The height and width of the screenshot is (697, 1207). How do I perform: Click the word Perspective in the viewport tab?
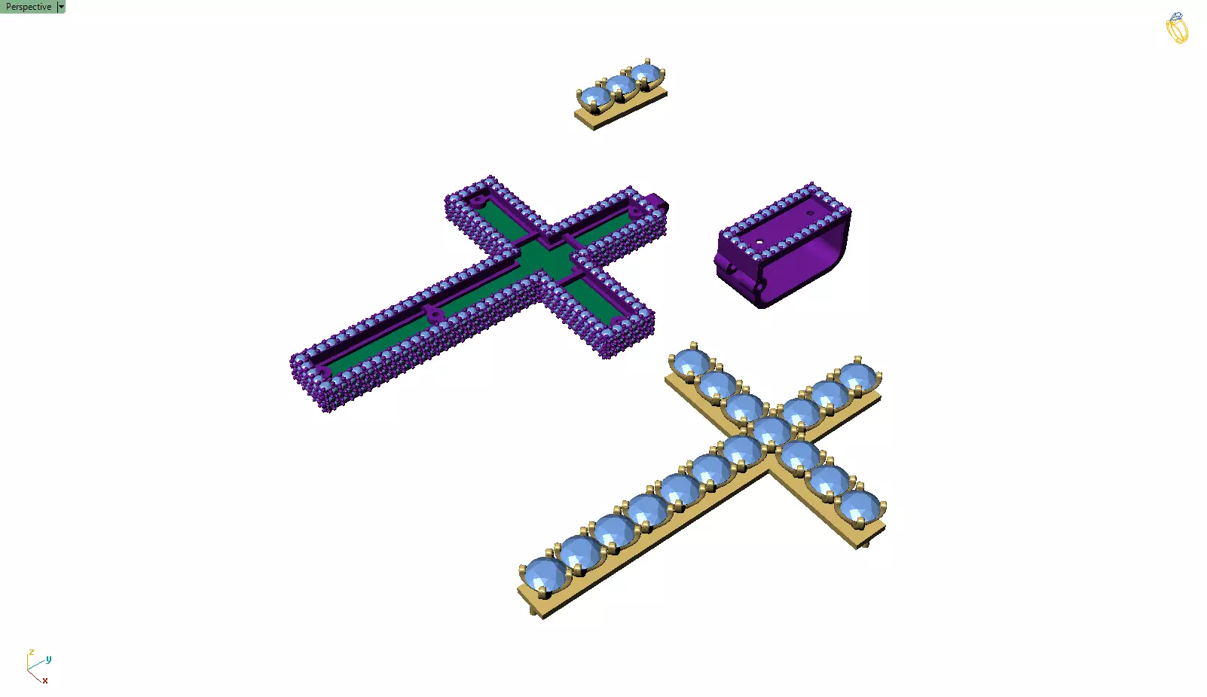pyautogui.click(x=29, y=7)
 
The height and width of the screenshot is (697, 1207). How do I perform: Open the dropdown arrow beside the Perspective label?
pyautogui.click(x=61, y=7)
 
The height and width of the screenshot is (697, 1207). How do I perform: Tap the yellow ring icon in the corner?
pyautogui.click(x=1177, y=29)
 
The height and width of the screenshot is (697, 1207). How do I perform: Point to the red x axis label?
pyautogui.click(x=45, y=680)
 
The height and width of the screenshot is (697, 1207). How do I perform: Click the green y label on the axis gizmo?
pyautogui.click(x=48, y=659)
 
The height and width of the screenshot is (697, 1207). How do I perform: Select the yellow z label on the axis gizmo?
pyautogui.click(x=31, y=653)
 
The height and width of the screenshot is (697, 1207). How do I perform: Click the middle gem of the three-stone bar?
pyautogui.click(x=621, y=86)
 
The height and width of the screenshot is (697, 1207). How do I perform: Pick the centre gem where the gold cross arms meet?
pyautogui.click(x=770, y=432)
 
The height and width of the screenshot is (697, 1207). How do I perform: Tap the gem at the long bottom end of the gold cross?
pyautogui.click(x=545, y=576)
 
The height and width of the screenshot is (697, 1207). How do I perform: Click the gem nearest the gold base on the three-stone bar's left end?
pyautogui.click(x=594, y=98)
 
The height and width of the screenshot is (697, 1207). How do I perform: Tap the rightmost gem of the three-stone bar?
pyautogui.click(x=646, y=74)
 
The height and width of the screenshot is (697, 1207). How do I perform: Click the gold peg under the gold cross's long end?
pyautogui.click(x=534, y=610)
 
